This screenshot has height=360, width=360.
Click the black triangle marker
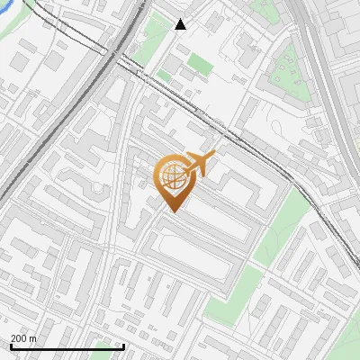point(181,23)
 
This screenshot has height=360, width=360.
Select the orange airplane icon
point(199,165)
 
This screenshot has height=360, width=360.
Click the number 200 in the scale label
point(19,338)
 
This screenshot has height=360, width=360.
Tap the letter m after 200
point(33,338)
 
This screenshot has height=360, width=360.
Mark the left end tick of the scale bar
point(11,346)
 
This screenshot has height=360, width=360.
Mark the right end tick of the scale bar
point(123,346)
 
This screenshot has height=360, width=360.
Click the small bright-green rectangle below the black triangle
point(199,64)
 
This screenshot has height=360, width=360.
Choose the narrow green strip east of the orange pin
point(282,225)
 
